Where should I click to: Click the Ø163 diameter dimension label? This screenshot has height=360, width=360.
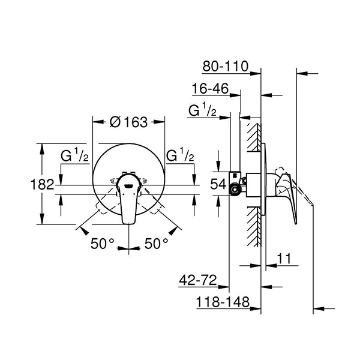click(x=128, y=122)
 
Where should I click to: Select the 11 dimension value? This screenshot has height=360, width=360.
click(x=286, y=259)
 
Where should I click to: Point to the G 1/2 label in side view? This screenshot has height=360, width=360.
click(x=202, y=111)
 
